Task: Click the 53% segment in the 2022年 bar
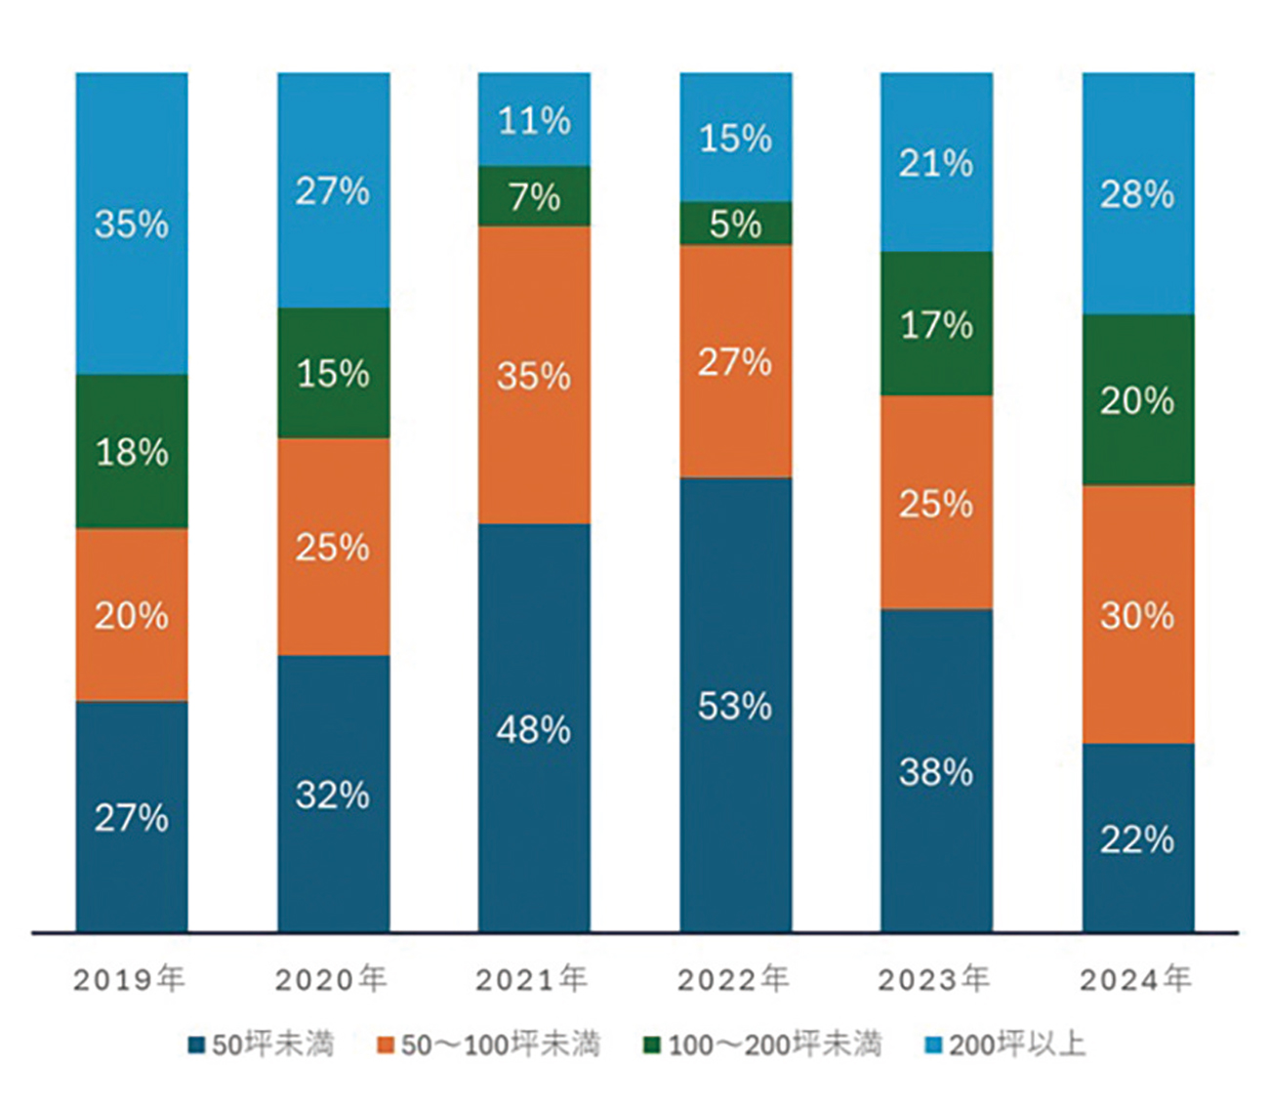coord(735,705)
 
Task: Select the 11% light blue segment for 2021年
coord(534,119)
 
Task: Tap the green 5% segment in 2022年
coord(735,224)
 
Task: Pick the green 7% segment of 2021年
coord(534,196)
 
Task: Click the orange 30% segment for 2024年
coord(1137,615)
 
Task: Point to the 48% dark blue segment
coord(534,728)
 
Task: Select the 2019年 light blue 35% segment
coord(132,224)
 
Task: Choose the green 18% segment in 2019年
coord(132,452)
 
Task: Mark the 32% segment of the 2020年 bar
coord(333,794)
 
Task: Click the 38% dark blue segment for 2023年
coord(936,771)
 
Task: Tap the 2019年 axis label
coord(130,979)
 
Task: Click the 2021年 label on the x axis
coord(532,979)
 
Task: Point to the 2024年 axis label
coord(1136,979)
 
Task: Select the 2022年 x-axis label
coord(734,979)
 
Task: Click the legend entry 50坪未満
coord(262,1044)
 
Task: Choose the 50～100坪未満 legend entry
coord(489,1044)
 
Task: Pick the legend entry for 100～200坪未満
coord(762,1044)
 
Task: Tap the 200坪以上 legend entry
coord(1005,1044)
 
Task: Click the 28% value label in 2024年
coord(1137,194)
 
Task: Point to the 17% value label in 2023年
coord(936,324)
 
